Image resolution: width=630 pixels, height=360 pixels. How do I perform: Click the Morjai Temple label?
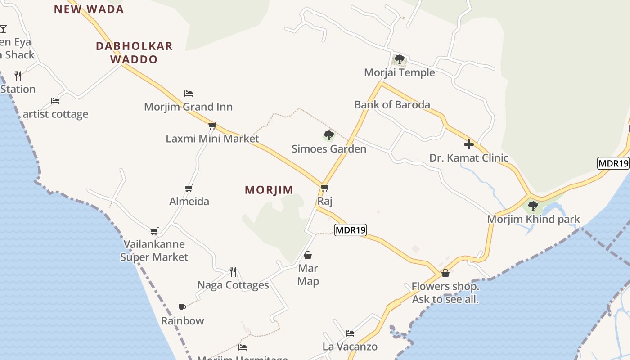tap(399, 72)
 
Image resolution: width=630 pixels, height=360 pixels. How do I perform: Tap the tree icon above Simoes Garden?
tap(329, 135)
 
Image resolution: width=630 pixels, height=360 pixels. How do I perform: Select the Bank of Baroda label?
tap(392, 105)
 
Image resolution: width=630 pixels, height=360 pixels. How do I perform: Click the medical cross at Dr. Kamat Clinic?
tap(469, 144)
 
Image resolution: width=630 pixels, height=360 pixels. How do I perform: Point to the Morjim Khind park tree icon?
tap(533, 207)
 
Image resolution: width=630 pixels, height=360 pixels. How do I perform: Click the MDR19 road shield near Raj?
tap(351, 230)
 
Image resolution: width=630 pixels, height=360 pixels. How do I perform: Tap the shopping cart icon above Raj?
tap(325, 188)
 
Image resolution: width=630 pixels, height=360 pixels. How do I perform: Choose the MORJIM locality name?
tap(269, 190)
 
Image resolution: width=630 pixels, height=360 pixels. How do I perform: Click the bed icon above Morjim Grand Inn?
tap(189, 94)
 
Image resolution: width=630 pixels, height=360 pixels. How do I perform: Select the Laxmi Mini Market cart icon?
tap(212, 126)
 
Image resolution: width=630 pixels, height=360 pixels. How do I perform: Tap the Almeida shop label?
tap(189, 201)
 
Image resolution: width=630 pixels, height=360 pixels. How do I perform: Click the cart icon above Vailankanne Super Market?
tap(154, 231)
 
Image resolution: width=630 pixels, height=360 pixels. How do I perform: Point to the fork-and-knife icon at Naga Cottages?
tap(233, 271)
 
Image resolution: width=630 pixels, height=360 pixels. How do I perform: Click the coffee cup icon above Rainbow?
tap(182, 308)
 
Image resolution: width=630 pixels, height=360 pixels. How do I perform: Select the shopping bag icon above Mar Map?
tap(308, 256)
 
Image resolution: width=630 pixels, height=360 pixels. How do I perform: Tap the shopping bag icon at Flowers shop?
tap(445, 273)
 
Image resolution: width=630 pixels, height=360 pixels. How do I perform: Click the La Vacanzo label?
tap(350, 346)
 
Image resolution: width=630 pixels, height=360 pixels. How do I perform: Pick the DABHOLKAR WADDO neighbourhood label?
tap(134, 53)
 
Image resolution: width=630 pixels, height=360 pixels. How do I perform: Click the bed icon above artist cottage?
tap(55, 101)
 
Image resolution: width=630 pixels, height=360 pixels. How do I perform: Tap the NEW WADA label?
tap(89, 9)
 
